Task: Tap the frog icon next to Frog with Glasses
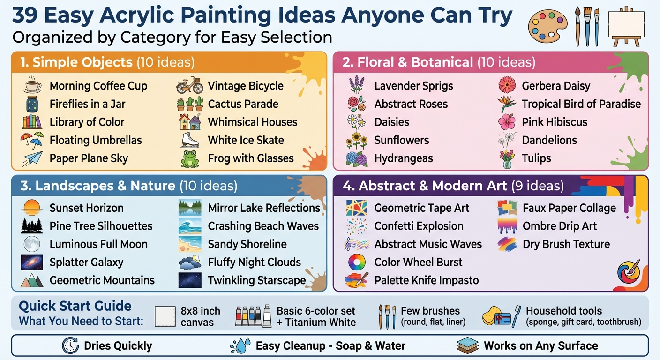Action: pos(190,159)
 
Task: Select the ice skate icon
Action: pos(190,140)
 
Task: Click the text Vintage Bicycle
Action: pos(246,86)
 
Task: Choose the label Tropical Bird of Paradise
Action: pos(581,104)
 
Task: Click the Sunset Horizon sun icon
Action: pos(32,207)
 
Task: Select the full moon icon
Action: pos(32,244)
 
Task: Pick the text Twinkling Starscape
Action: pos(257,280)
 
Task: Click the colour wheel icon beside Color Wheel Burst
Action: pos(357,262)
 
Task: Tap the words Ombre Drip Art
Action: pos(560,226)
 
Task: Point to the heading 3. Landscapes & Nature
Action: pos(97,186)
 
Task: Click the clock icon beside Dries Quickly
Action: pos(70,346)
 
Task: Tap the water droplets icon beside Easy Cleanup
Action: pos(240,346)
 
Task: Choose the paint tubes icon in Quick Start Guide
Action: pos(253,316)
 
